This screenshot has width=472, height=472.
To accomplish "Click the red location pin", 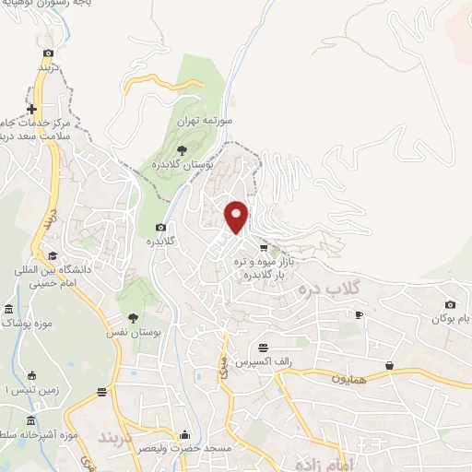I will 237,217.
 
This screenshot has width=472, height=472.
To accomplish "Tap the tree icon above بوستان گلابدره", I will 181,148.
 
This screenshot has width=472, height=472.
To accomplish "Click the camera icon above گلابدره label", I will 161,227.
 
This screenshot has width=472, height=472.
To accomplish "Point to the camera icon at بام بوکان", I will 450,305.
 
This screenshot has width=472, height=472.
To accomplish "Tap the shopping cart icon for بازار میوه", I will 265,247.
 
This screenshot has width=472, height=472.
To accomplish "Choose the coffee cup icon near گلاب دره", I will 359,315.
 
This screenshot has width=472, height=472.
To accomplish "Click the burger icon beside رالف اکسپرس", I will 265,348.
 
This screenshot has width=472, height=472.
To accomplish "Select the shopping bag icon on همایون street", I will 390,366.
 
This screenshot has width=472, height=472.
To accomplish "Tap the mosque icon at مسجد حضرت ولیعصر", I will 185,434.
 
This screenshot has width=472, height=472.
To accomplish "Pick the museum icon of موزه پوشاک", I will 9,309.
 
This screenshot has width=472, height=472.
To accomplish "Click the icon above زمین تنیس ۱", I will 33,375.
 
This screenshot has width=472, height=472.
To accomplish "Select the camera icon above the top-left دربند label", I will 49,53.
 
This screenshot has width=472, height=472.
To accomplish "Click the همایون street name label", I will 350,378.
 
